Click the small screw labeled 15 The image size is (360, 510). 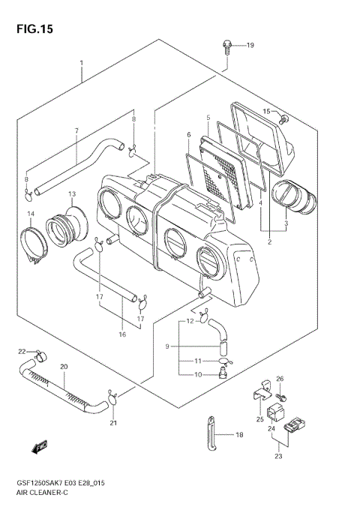pyautogui.click(x=283, y=118)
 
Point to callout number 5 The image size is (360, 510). pyautogui.click(x=207, y=118)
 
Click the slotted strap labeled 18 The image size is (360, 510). pyautogui.click(x=209, y=434)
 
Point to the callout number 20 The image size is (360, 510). pyautogui.click(x=64, y=367)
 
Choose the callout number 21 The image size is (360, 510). pyautogui.click(x=113, y=424)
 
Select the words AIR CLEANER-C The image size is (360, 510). pyautogui.click(x=40, y=495)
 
